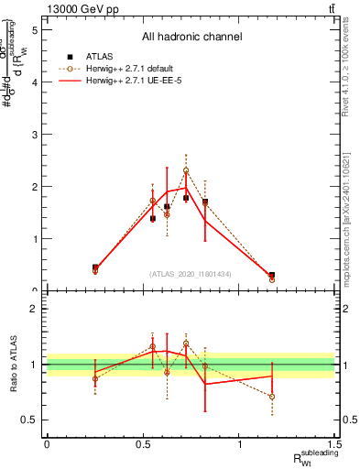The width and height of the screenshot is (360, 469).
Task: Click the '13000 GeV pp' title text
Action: (78, 8)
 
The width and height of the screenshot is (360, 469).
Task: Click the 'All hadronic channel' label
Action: (191, 38)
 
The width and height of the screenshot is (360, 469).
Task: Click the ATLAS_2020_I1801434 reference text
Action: (190, 274)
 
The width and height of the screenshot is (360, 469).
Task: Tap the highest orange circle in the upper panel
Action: (186, 170)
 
